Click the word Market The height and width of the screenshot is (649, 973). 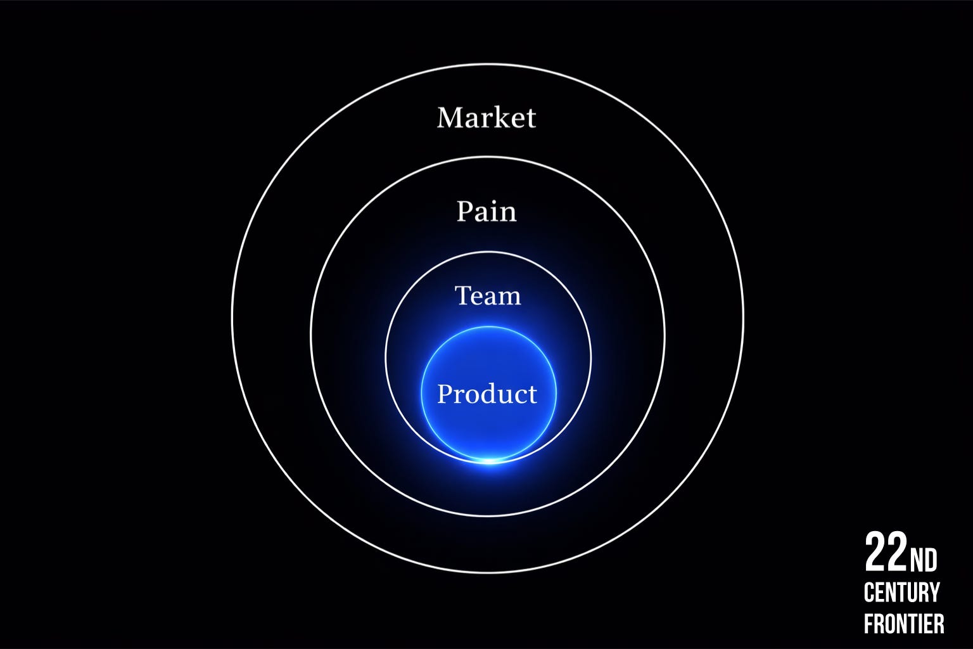486,117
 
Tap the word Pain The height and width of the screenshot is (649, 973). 486,211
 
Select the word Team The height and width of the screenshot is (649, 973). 488,295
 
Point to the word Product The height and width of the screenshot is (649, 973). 487,394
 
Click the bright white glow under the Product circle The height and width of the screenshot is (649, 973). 489,461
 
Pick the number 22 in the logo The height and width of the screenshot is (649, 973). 886,553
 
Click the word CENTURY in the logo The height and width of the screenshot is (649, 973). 901,593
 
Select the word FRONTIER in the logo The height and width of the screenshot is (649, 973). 904,624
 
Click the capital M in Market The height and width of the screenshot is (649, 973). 450,117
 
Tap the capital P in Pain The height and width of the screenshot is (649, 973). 465,211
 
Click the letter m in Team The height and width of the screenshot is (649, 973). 509,297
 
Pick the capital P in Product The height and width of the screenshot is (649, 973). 445,394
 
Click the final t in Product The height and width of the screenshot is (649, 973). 532,394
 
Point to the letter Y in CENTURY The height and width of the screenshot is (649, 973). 934,593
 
